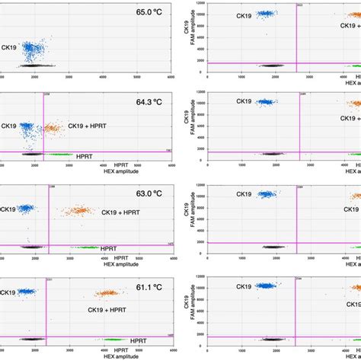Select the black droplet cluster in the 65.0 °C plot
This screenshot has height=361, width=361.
(x=30, y=67)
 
